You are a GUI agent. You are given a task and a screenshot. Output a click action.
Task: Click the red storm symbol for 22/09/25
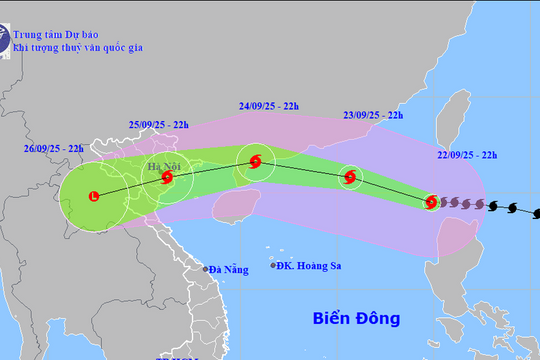pos(430,202)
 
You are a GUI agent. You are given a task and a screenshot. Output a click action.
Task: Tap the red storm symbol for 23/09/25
pos(350,178)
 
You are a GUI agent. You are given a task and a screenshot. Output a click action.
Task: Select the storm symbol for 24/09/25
pos(256,161)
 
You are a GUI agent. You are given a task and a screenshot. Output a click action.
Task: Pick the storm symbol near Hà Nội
pos(167,178)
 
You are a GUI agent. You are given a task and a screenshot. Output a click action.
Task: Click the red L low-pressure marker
pos(95,195)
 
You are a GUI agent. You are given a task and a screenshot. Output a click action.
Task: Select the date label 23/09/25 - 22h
pos(372,115)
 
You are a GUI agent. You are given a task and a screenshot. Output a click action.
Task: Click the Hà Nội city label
pos(160,165)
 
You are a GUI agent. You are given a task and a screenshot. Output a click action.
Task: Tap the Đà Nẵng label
pos(226,269)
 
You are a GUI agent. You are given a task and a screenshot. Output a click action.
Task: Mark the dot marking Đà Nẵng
pos(204,269)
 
